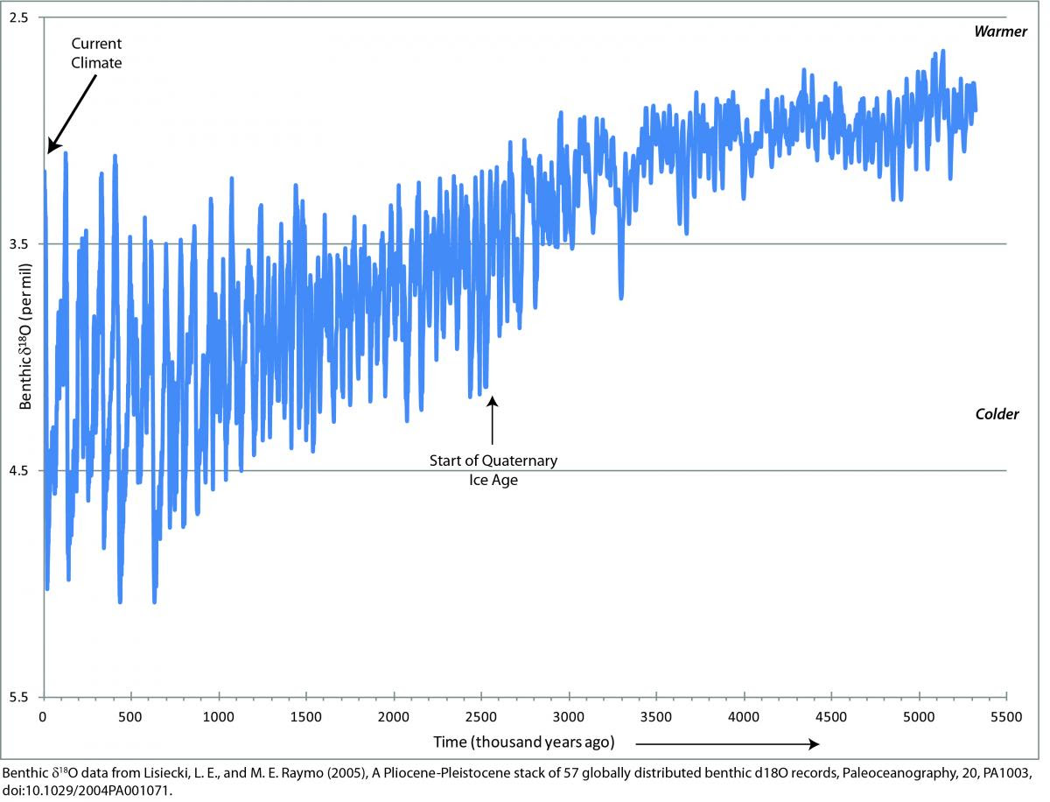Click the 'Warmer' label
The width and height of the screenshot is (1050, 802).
(x=996, y=32)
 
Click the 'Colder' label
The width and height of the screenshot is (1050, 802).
(x=997, y=414)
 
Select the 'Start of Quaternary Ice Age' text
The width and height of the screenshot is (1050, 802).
(x=493, y=469)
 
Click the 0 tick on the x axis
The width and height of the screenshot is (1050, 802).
(x=43, y=714)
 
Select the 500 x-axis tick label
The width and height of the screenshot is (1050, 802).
(x=130, y=714)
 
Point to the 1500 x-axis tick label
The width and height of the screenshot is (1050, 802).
(x=305, y=714)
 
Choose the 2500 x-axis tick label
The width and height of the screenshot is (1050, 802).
(x=480, y=714)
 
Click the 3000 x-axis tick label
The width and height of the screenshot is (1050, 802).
(x=569, y=714)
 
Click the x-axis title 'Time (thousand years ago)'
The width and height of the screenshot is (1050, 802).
(x=523, y=742)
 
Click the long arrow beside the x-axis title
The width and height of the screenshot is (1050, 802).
(x=726, y=743)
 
